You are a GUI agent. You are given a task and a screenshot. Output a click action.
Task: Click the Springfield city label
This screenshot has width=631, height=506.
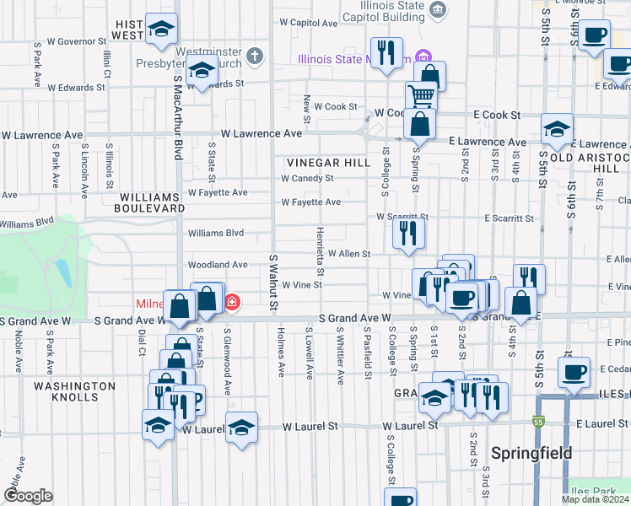tap(531, 453)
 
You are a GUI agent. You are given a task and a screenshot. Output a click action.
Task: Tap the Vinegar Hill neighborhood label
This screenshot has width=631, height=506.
tap(328, 163)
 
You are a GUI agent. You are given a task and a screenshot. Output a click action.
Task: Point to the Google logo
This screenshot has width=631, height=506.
tap(27, 496)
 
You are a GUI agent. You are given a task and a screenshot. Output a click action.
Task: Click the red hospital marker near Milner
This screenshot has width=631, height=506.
tap(230, 301)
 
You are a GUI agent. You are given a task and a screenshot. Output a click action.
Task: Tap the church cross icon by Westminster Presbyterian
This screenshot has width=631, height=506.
tap(256, 58)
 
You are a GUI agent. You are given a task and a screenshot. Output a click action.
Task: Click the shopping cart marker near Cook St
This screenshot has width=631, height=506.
tap(419, 95)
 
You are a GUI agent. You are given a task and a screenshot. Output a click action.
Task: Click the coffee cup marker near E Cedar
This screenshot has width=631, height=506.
tap(574, 371)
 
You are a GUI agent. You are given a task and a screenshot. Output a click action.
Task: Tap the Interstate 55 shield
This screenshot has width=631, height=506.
tap(537, 422)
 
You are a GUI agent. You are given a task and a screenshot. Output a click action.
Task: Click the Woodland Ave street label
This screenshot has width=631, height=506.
tap(218, 265)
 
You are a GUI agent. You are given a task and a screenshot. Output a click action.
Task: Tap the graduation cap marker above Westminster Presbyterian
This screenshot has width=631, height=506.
tap(160, 30)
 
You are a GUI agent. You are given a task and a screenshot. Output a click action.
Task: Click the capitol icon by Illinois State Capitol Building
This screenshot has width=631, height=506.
tap(438, 9)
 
